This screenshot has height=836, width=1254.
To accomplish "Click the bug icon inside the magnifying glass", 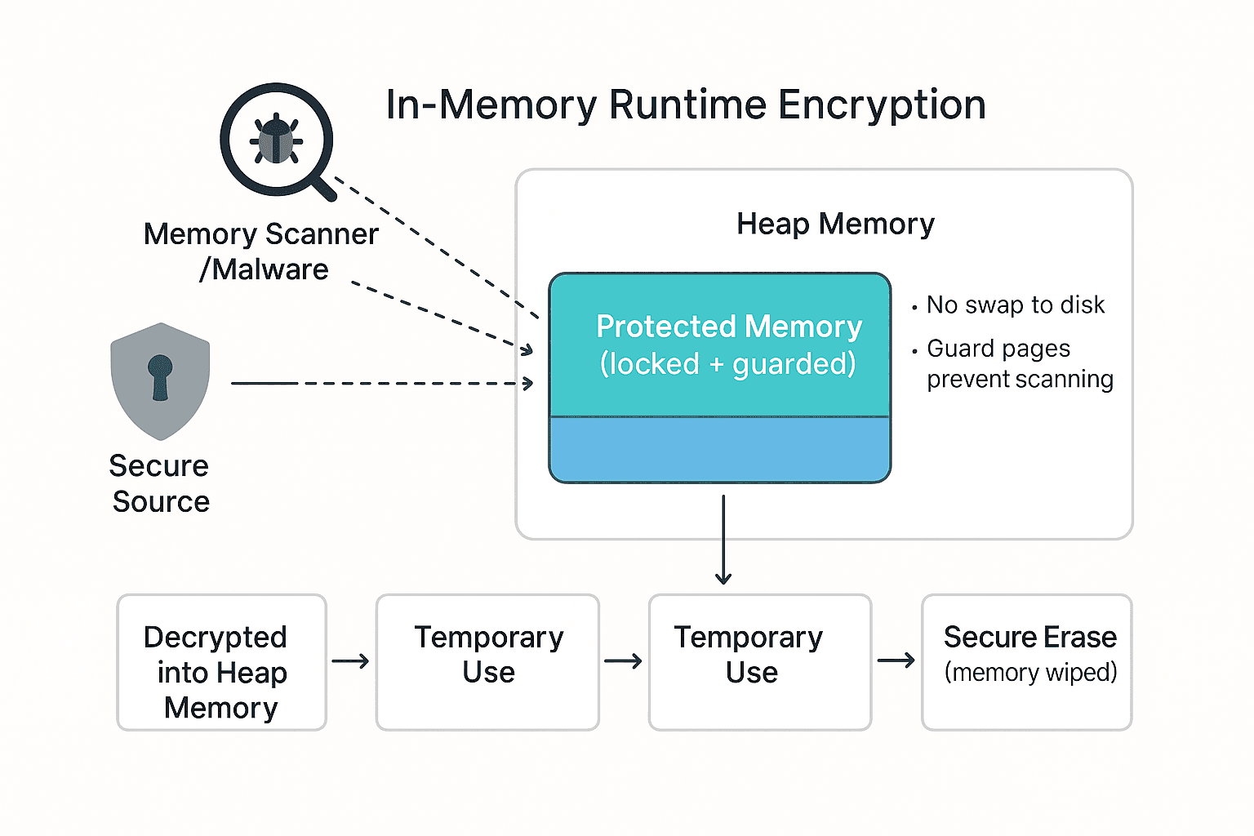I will [x=276, y=140].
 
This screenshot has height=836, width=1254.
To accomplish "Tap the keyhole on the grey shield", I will [x=160, y=376].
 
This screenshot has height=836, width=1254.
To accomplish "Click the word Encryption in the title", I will [x=882, y=105].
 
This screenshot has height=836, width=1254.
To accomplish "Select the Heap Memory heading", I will [x=835, y=224].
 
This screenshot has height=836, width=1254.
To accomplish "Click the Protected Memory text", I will [x=728, y=327].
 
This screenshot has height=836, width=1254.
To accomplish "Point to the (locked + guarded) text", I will [x=727, y=364].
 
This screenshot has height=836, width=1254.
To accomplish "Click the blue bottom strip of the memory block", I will [x=719, y=450].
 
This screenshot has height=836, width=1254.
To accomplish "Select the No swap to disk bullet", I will [x=1015, y=305].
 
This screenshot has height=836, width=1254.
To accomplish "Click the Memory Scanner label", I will [x=260, y=234].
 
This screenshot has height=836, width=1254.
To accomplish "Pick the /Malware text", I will [x=264, y=269].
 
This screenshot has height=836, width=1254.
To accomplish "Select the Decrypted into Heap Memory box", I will [x=221, y=662].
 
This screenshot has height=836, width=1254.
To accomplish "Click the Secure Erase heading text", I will [x=1029, y=637].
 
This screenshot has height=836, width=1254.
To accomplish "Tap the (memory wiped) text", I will [x=1030, y=673].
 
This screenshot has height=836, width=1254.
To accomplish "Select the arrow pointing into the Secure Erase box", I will [x=896, y=660].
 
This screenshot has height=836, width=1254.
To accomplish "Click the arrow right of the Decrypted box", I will [x=350, y=660].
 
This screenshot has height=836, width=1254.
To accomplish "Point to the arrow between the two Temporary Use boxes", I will [x=623, y=660].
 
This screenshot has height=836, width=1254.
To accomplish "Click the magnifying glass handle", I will [x=324, y=189].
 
